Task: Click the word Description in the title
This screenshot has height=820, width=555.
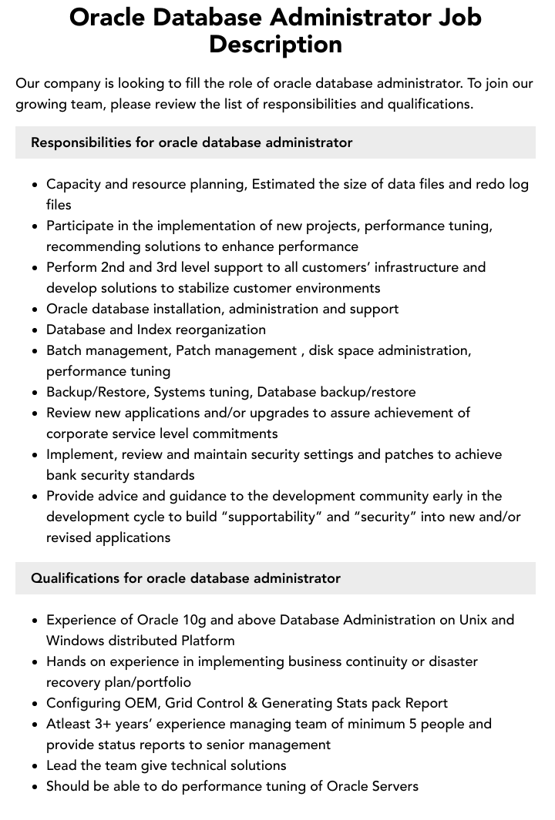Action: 275,44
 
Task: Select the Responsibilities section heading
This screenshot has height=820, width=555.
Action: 191,142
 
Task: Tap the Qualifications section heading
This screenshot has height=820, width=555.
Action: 185,578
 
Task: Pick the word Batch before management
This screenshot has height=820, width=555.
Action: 66,350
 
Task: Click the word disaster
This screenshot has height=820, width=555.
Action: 449,661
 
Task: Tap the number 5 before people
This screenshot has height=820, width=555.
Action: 414,724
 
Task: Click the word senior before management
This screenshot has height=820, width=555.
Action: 236,745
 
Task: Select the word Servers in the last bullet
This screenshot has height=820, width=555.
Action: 392,786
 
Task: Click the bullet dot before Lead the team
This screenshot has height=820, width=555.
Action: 35,766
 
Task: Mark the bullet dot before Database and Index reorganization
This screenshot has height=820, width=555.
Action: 35,330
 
